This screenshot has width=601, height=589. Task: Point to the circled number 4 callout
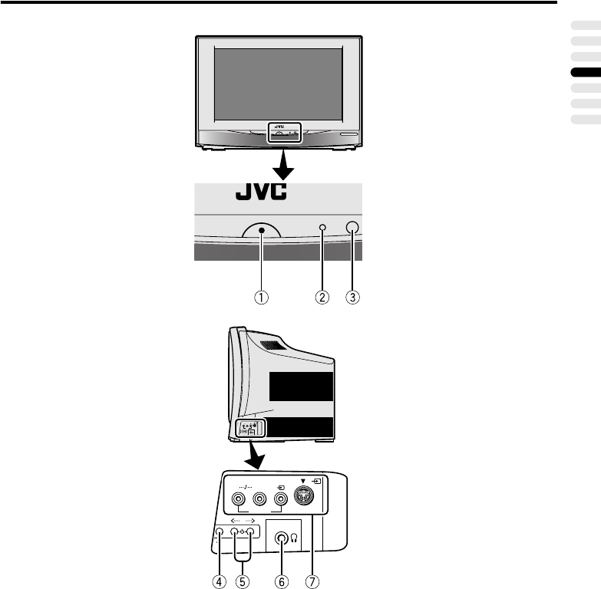tap(219, 581)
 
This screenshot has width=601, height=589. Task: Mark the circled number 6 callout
tap(281, 581)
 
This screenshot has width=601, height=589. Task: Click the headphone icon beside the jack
tap(295, 539)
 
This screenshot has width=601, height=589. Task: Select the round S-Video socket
tap(306, 499)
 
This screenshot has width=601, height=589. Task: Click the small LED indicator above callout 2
tap(323, 229)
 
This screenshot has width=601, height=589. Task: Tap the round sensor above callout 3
tap(352, 227)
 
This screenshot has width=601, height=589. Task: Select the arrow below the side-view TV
tap(254, 459)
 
